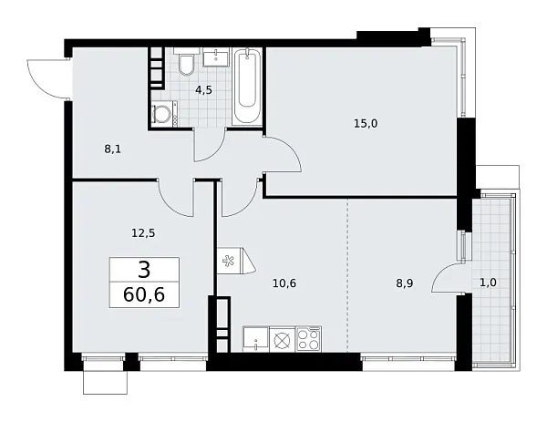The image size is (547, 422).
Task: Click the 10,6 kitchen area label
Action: click(284, 283)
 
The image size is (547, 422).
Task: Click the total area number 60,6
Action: click(145, 296)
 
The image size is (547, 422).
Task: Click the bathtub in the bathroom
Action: click(247, 88)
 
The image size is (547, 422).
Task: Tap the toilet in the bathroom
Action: click(186, 65)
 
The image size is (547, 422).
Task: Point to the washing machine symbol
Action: click(164, 114)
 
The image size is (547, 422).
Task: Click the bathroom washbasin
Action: click(218, 58)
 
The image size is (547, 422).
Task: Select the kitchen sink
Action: click(258, 339)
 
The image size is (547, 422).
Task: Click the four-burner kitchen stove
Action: click(307, 339)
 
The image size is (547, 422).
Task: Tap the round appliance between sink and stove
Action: click(282, 340)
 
